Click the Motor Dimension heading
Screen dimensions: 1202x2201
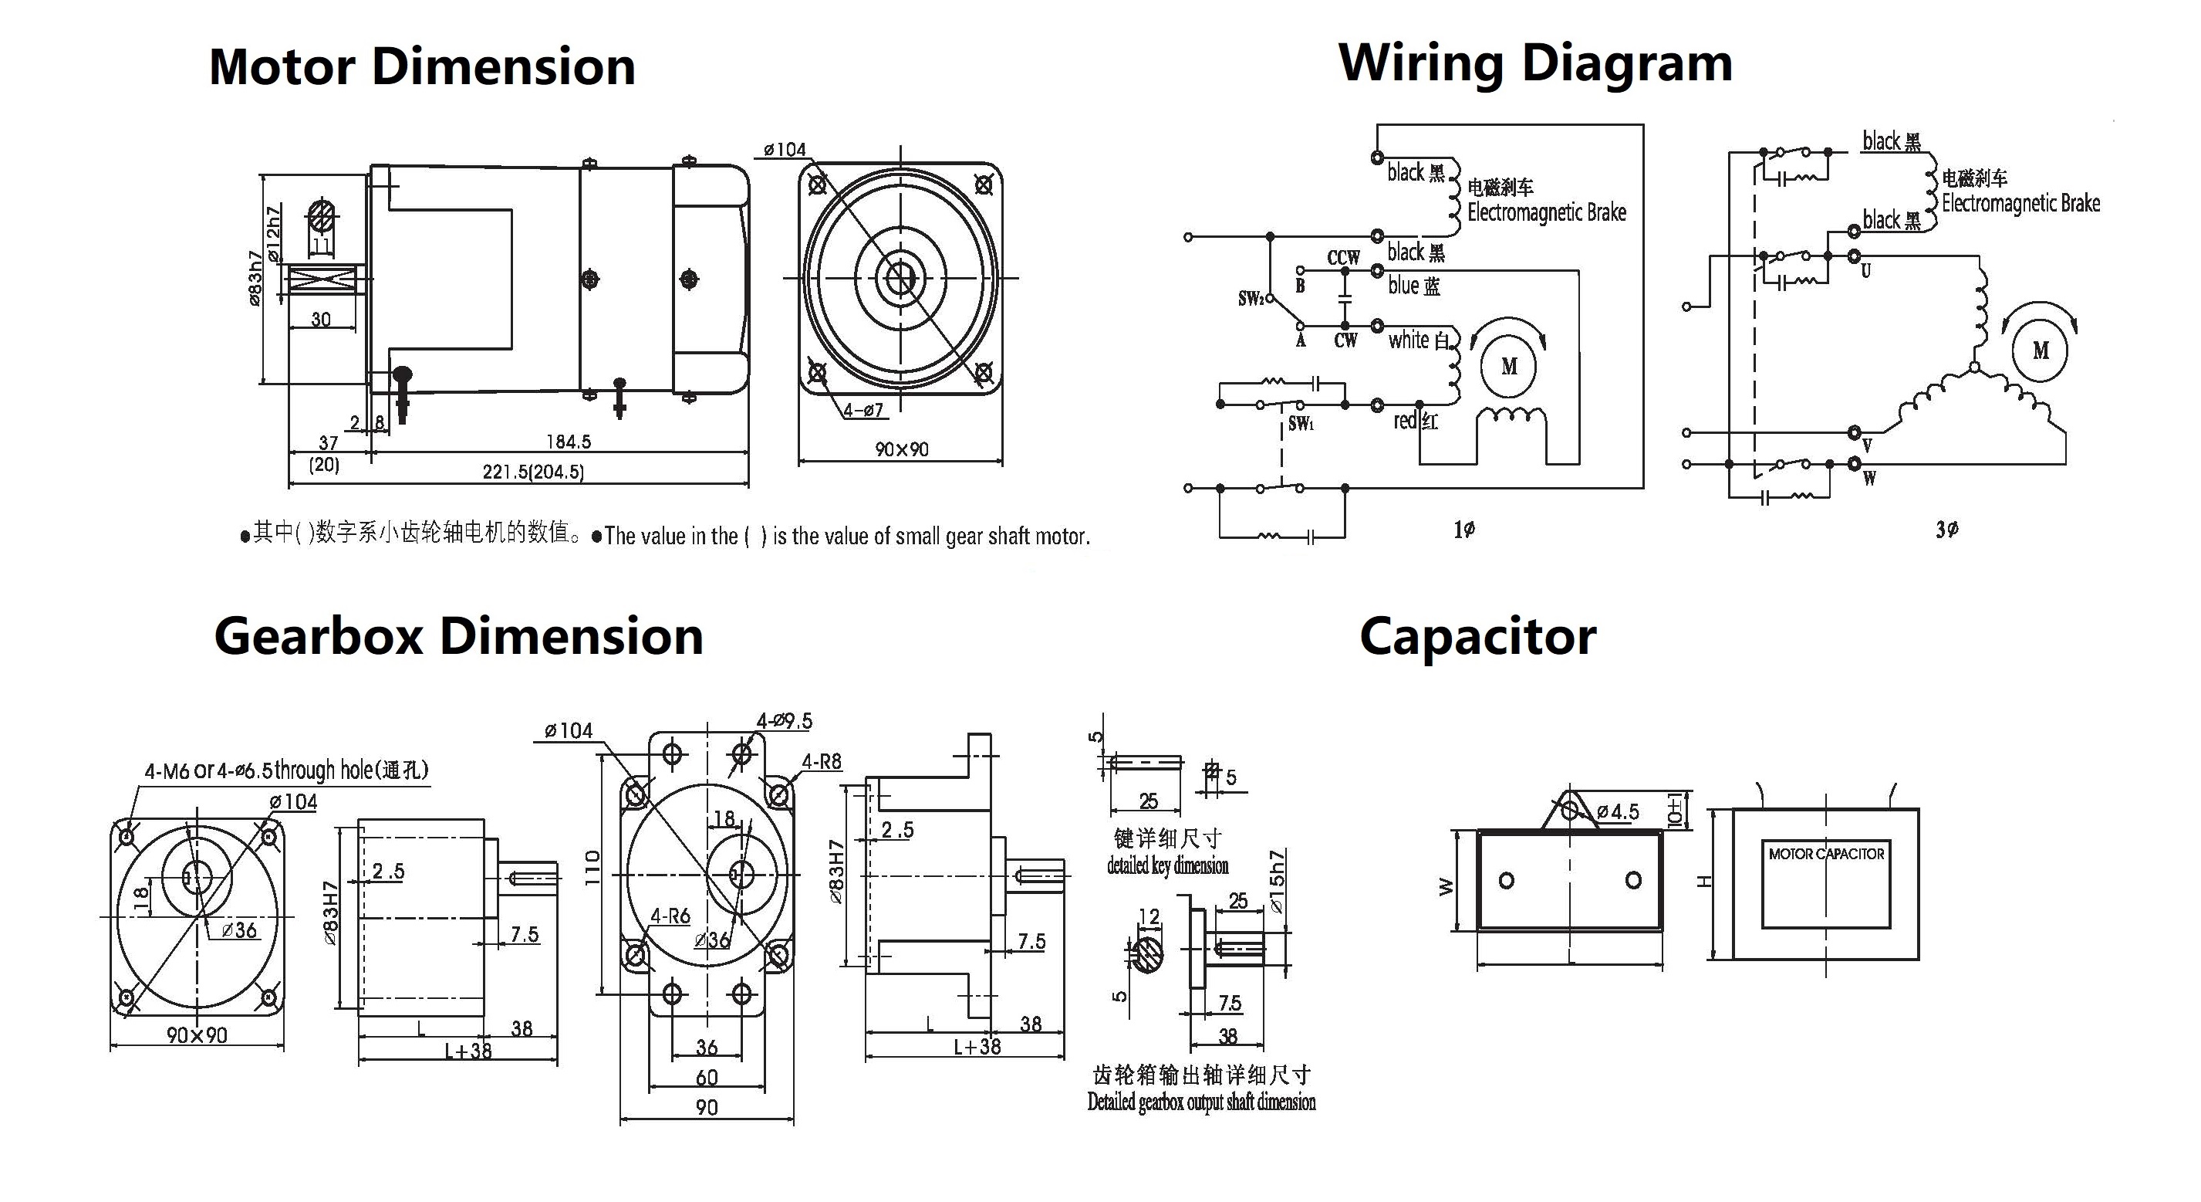click(422, 66)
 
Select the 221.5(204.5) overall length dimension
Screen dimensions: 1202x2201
click(533, 472)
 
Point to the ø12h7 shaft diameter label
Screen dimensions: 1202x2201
click(273, 233)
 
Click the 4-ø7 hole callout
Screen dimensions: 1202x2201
click(863, 411)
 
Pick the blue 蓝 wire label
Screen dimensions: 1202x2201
click(1414, 286)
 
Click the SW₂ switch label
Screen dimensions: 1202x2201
click(1250, 298)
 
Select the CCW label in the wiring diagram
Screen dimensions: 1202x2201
click(1343, 257)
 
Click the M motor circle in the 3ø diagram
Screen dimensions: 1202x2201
click(2041, 350)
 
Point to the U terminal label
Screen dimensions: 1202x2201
click(1866, 271)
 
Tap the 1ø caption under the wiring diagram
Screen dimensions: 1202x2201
click(1463, 529)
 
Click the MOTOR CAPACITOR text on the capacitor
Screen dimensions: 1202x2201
click(1826, 853)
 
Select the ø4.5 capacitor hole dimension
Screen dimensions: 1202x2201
click(1618, 811)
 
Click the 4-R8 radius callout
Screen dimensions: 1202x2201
click(821, 761)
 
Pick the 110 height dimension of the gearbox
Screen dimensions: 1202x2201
click(593, 867)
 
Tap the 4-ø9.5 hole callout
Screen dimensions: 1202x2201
click(784, 721)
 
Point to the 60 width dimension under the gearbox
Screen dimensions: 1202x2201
click(707, 1077)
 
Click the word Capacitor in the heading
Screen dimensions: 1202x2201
click(1477, 637)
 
